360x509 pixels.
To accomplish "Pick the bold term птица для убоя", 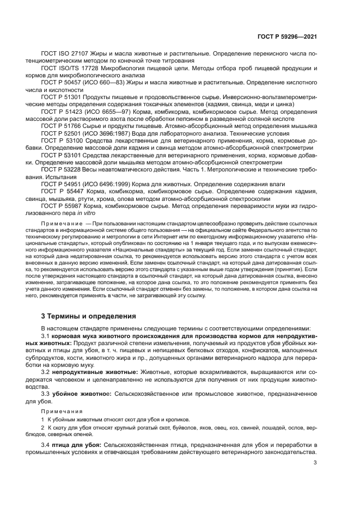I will click(x=77, y=445).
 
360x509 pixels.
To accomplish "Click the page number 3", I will click(x=315, y=463).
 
